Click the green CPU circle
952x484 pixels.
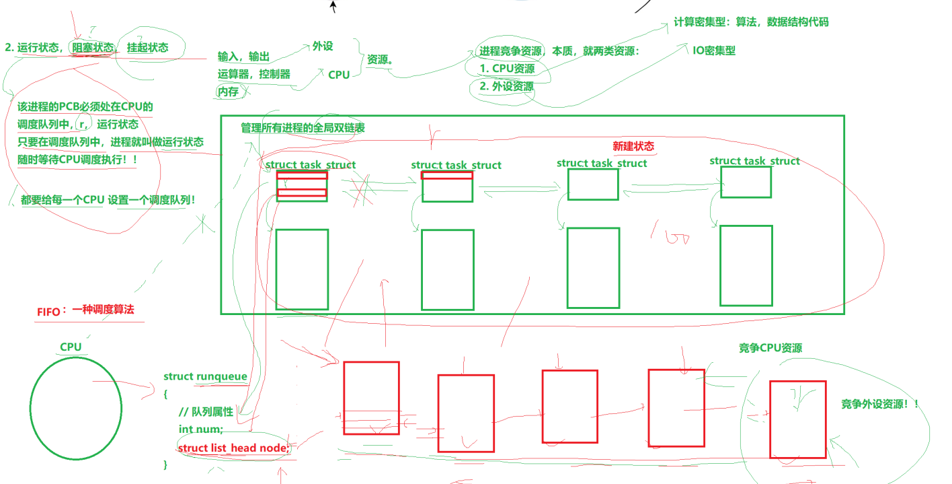pos(76,408)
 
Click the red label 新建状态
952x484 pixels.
pos(633,146)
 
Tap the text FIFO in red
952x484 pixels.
pos(48,312)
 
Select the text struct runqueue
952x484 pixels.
pos(205,377)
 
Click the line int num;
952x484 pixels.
pos(200,429)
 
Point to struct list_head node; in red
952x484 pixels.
pos(233,448)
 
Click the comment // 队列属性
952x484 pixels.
pos(206,412)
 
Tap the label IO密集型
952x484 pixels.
pos(713,50)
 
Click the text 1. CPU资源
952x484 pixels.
pos(507,69)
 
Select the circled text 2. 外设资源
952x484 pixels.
pos(506,87)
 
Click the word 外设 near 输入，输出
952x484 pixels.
pos(322,46)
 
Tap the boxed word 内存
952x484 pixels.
pos(228,92)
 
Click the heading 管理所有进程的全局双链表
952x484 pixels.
pos(303,128)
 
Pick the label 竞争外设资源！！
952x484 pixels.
pos(879,404)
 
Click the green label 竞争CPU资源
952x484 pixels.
pos(770,348)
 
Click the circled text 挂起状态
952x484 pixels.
pos(147,48)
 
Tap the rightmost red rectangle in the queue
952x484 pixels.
pos(797,419)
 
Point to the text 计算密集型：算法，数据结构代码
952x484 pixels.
pos(751,22)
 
